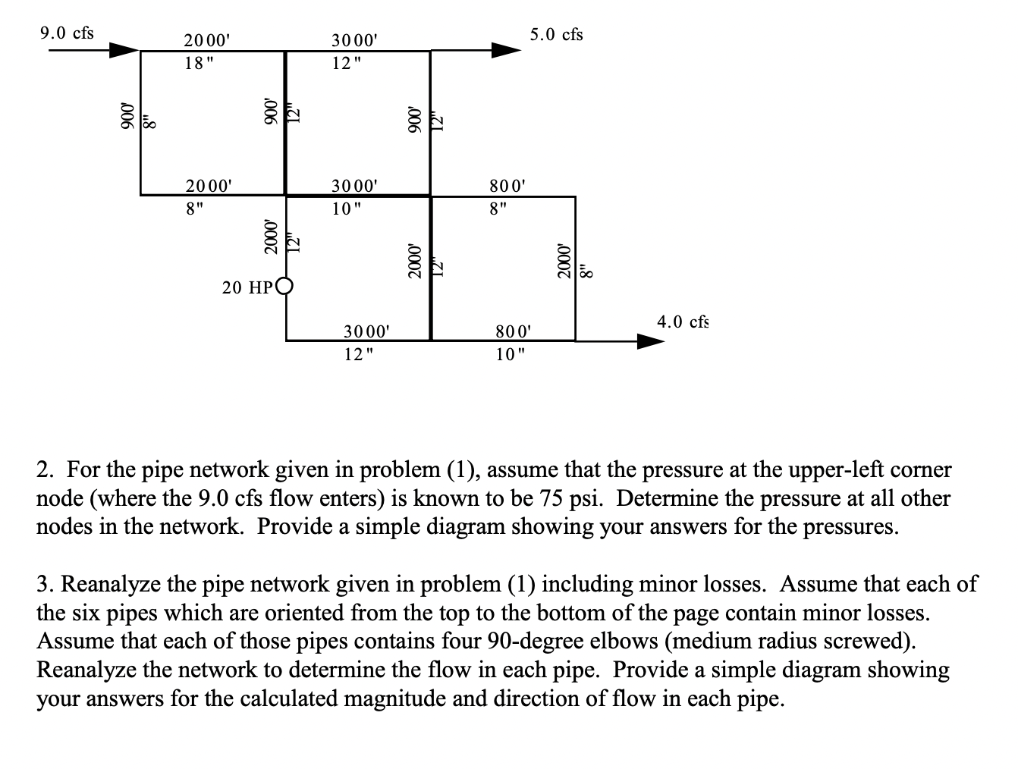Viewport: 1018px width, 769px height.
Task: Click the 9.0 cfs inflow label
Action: pyautogui.click(x=67, y=33)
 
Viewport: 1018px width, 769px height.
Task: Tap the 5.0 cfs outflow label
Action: pyautogui.click(x=557, y=34)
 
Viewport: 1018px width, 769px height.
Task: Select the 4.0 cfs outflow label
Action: pyautogui.click(x=683, y=322)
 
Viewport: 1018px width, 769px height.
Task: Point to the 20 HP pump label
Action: pyautogui.click(x=248, y=287)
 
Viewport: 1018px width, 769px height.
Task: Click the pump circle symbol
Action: pyautogui.click(x=285, y=287)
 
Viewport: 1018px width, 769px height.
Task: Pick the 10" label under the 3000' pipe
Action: pyautogui.click(x=348, y=209)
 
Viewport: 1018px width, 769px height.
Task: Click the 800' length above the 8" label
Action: pyautogui.click(x=507, y=184)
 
